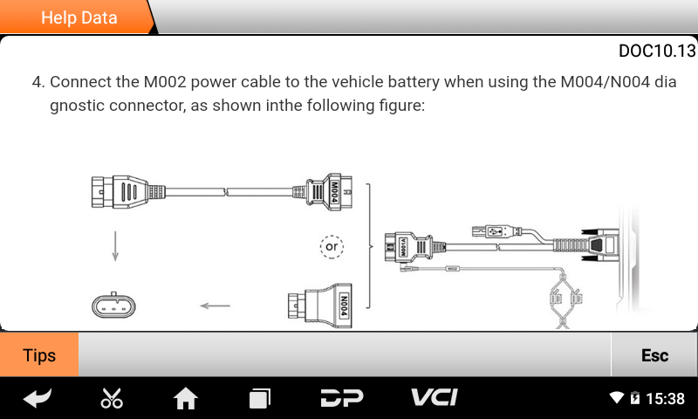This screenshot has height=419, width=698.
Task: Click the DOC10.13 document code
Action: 656,51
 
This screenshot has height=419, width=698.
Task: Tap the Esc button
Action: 654,355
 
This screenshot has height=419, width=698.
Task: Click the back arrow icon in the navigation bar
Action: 38,399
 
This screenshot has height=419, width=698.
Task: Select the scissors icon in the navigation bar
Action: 112,399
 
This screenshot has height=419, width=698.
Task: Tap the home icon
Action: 186,399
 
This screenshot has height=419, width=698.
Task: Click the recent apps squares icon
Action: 260,399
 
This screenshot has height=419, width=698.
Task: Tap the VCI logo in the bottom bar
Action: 435,398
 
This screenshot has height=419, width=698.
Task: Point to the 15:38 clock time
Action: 665,399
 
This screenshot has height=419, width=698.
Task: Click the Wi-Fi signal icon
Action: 617,399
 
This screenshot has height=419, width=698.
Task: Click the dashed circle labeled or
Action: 332,246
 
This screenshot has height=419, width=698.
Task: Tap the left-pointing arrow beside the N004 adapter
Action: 215,306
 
